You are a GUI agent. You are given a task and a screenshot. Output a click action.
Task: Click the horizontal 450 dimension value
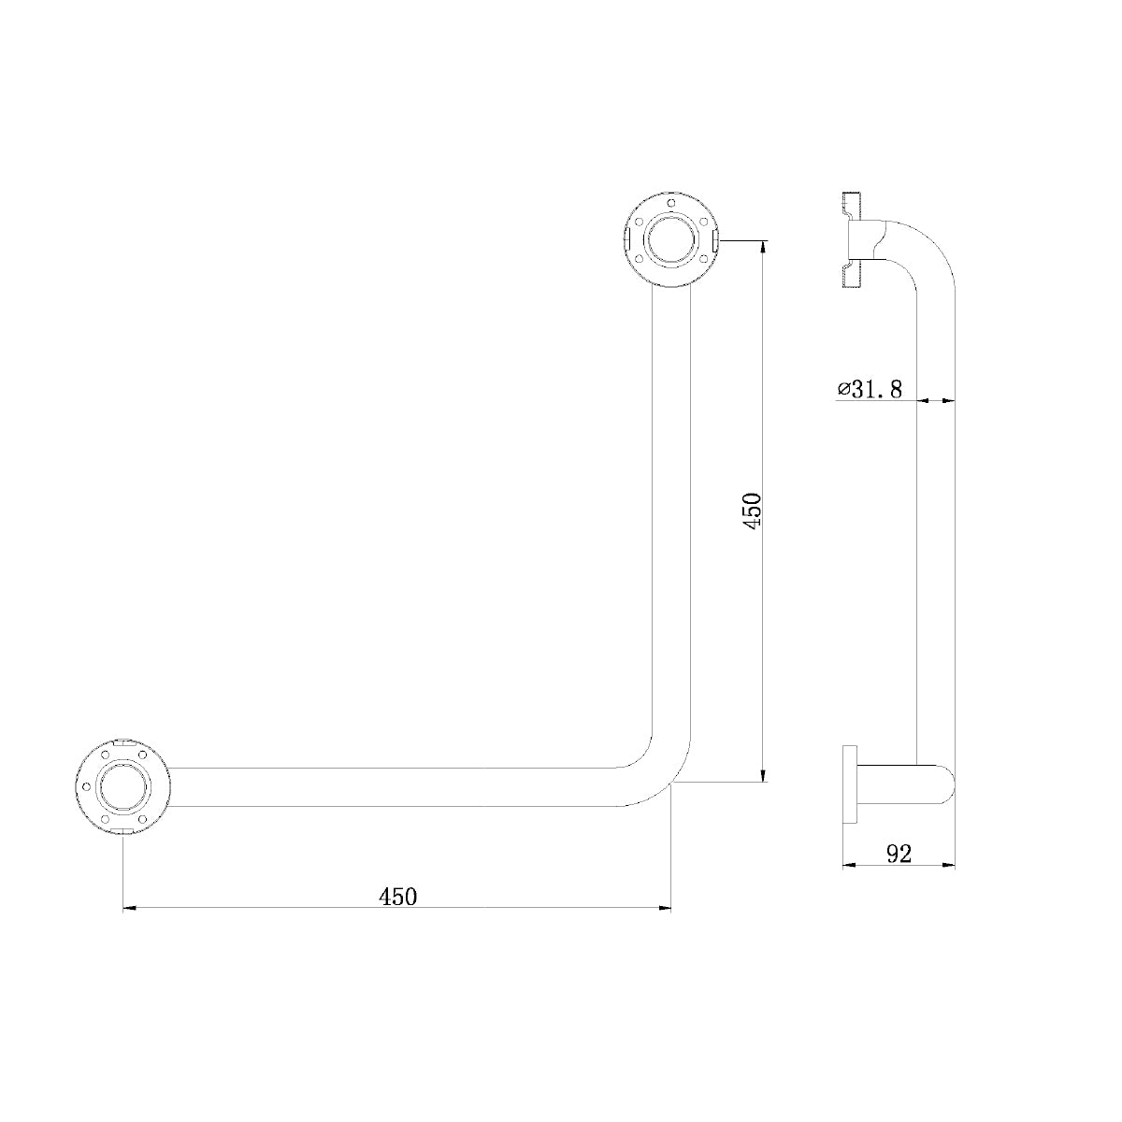tap(397, 897)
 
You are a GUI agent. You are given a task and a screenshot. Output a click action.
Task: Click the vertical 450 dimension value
tap(755, 509)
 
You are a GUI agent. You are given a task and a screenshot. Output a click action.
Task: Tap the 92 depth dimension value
tap(898, 853)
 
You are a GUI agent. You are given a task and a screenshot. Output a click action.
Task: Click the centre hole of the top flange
tap(670, 240)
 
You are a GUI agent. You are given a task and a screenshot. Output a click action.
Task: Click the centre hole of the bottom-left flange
tap(122, 786)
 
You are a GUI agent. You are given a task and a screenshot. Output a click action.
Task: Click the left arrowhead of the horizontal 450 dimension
tap(130, 907)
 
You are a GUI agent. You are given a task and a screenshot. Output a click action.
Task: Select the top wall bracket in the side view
tap(853, 239)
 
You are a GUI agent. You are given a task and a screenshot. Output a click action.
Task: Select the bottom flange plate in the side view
tap(850, 784)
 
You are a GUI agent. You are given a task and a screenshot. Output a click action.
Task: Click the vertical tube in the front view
tap(670, 514)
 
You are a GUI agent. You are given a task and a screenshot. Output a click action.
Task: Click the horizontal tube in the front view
tap(393, 786)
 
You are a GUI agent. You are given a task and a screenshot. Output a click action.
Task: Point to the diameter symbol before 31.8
tap(841, 389)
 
